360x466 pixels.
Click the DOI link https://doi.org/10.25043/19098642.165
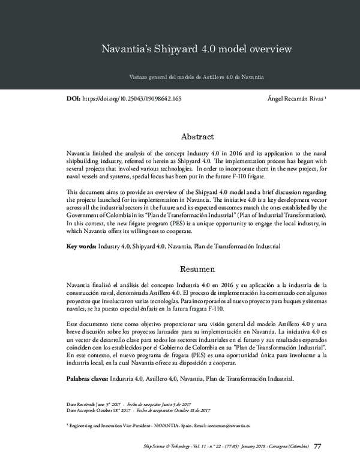click(131, 97)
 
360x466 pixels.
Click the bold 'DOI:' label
click(72, 97)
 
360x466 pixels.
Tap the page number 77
click(318, 447)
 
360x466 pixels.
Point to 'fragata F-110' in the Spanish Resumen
click(205, 309)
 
